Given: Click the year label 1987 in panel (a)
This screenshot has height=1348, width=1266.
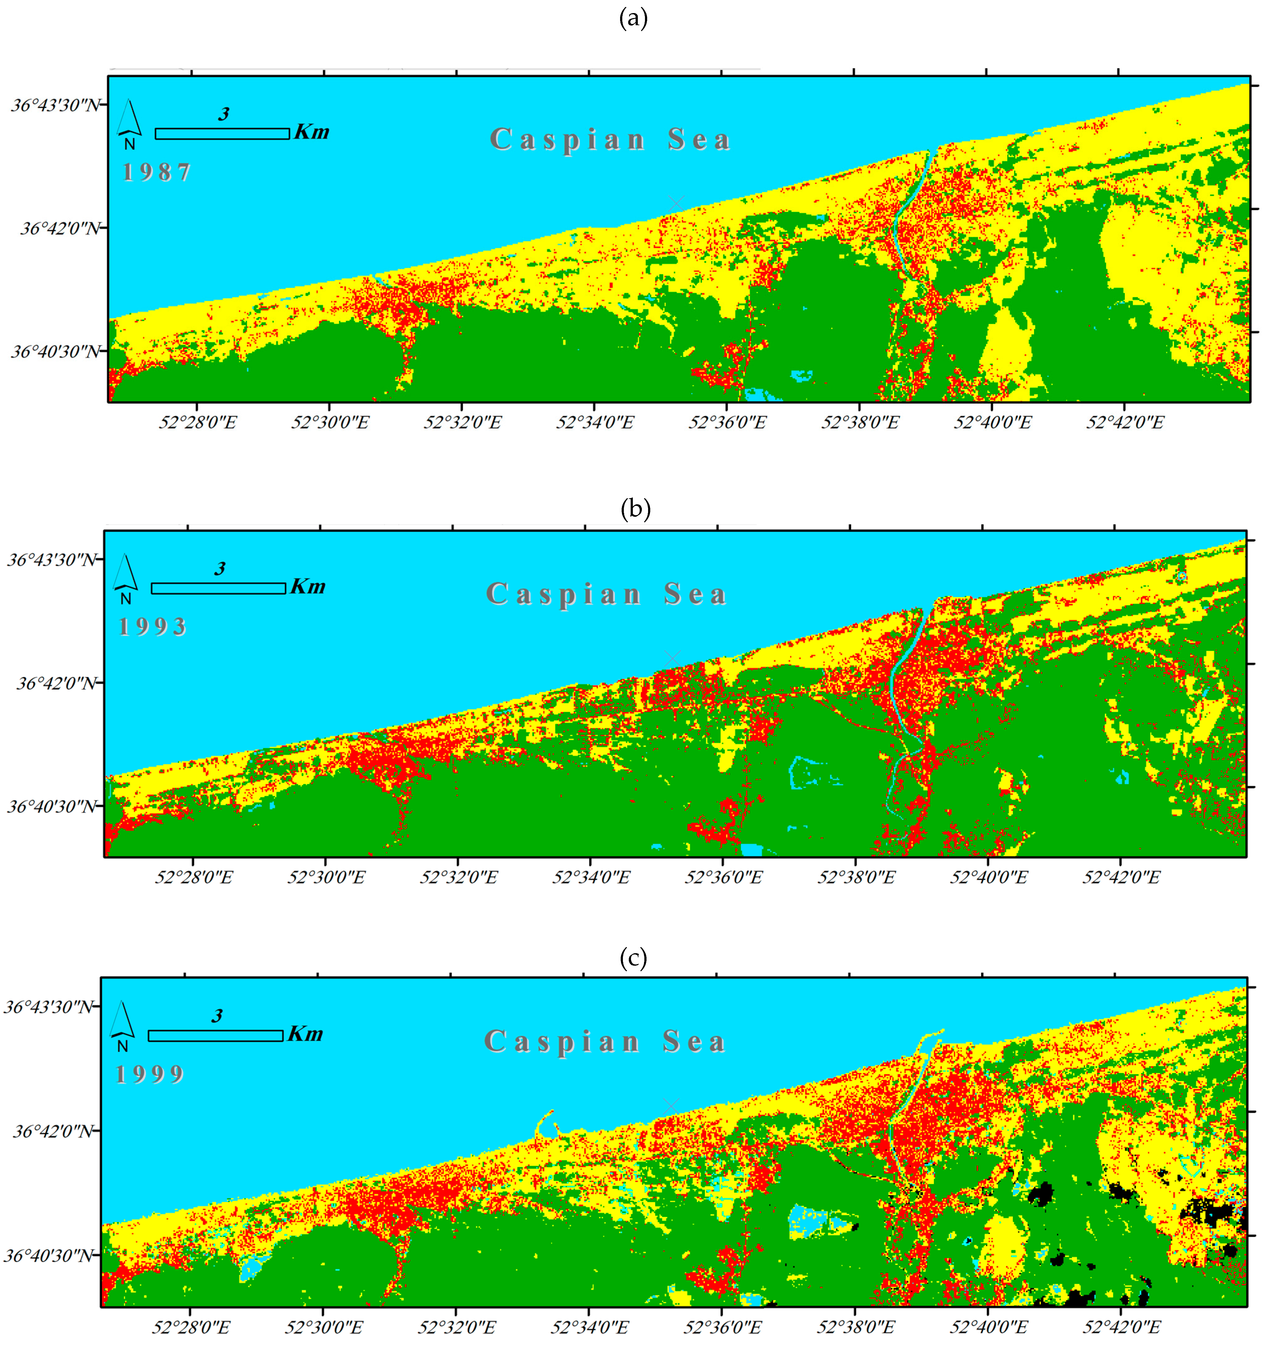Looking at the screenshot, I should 156,172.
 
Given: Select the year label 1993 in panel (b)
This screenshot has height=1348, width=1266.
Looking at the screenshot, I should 152,627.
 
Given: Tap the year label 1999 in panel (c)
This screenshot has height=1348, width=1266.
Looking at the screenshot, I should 150,1074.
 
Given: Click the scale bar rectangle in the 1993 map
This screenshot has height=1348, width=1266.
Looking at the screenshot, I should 218,588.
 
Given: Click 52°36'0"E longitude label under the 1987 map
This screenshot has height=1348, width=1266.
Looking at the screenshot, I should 727,422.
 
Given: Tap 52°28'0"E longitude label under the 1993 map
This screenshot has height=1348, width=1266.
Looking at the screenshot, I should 193,877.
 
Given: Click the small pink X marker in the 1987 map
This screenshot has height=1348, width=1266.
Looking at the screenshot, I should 676,203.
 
